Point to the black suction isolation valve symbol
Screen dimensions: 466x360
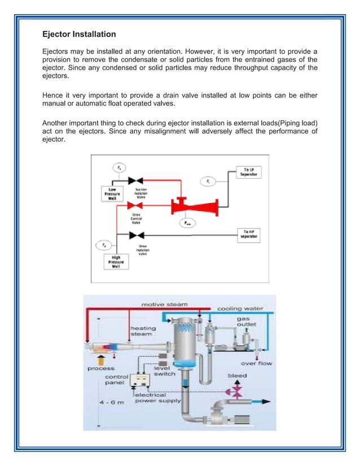tap(135, 181)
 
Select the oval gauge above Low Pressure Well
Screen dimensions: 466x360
tap(119, 168)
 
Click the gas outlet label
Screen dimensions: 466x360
tap(248, 322)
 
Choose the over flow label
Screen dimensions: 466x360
tap(256, 363)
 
